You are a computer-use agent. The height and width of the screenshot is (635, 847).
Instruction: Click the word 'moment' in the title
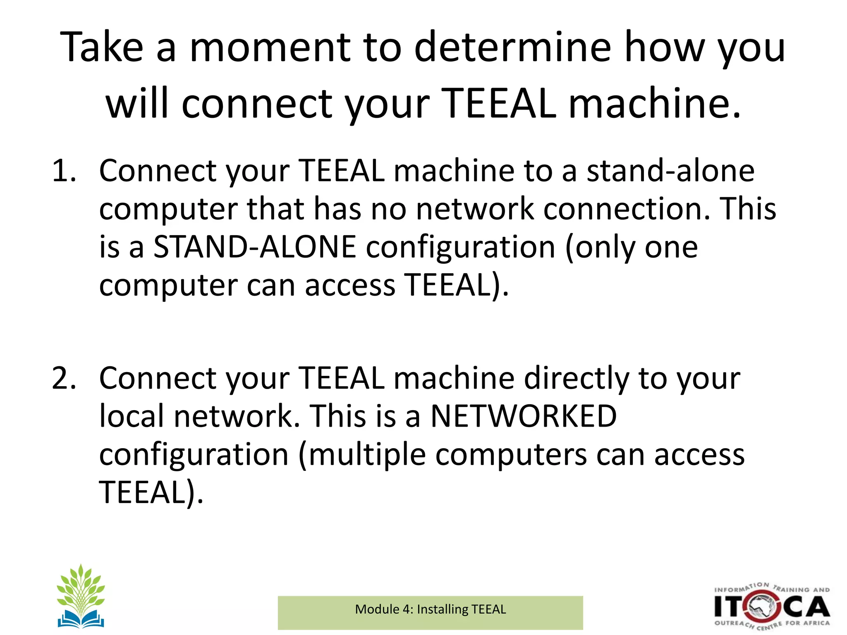click(270, 48)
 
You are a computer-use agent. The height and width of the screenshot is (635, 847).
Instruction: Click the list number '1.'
click(64, 171)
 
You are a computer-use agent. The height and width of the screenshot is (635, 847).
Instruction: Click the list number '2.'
click(64, 378)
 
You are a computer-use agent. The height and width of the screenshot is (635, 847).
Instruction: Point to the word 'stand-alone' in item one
click(670, 171)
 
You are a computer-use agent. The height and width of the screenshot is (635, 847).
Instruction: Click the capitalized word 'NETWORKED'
click(524, 416)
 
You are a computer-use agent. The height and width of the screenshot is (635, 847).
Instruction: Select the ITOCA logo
click(772, 607)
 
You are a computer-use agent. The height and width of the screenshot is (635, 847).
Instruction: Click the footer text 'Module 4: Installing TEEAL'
click(430, 609)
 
